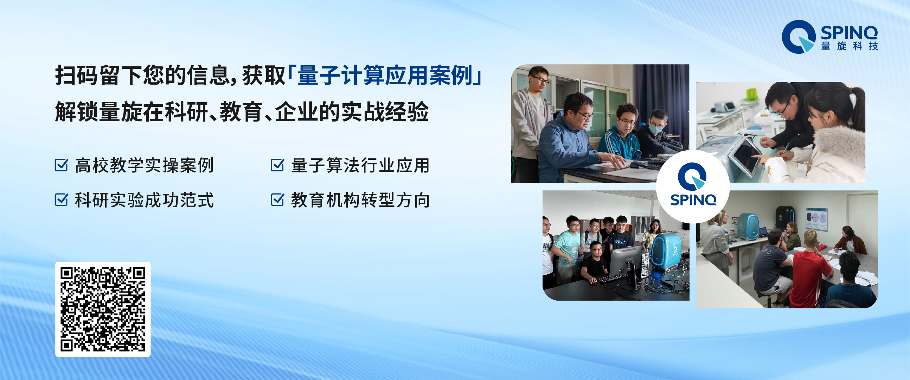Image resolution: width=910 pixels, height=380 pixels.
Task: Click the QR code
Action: tap(103, 309)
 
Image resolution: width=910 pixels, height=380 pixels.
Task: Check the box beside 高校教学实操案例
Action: tap(61, 165)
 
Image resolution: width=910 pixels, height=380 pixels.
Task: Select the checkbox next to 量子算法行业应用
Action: tap(277, 165)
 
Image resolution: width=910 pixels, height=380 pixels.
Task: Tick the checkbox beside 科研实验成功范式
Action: tap(61, 200)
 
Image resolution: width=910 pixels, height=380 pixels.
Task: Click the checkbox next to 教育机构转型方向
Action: tap(277, 200)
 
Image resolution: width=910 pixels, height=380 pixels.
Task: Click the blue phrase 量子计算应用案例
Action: tap(385, 76)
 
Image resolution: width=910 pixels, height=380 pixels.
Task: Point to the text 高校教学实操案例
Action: tap(144, 165)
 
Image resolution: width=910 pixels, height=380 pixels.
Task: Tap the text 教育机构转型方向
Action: tap(360, 200)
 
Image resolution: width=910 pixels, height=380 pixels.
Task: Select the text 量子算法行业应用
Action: tap(360, 165)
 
